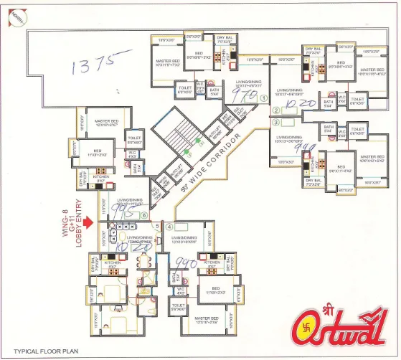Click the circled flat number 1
(264, 98)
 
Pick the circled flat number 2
(275, 110)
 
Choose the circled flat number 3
(275, 123)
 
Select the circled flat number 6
(144, 215)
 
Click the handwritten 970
(248, 95)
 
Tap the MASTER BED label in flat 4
(207, 318)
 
